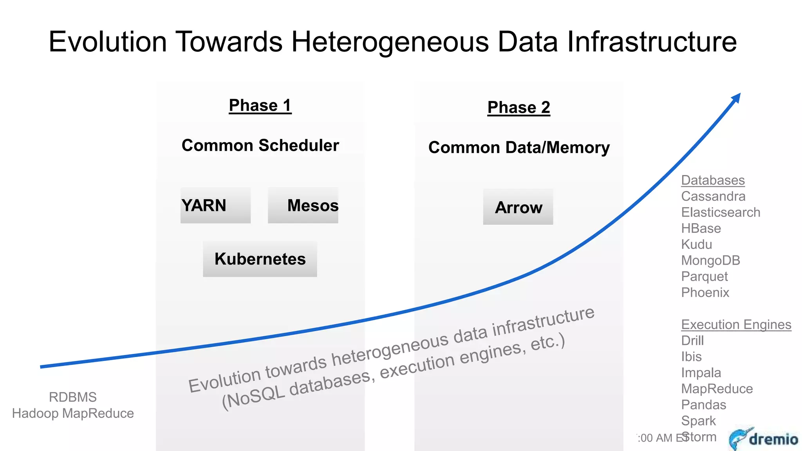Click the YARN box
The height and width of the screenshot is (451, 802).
tap(215, 206)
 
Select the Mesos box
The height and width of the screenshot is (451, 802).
tap(303, 206)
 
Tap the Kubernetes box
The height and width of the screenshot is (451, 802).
tap(260, 259)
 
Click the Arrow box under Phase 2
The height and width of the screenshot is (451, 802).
tap(518, 207)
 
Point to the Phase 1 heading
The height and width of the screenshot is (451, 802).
tap(260, 106)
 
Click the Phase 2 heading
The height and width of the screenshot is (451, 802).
tap(518, 108)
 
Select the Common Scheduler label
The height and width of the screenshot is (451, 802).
tap(260, 146)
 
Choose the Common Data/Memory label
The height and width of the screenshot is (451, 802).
tap(519, 148)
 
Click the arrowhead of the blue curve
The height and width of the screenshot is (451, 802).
tap(736, 97)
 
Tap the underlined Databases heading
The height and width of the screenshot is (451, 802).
tap(713, 180)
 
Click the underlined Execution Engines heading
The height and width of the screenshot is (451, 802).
tap(736, 325)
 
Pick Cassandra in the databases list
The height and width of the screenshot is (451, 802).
tap(713, 197)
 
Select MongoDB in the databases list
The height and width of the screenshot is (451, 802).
tap(710, 261)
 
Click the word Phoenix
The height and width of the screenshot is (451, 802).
tap(705, 293)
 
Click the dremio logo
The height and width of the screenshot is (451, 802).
tap(764, 438)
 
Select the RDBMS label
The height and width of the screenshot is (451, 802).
tap(73, 397)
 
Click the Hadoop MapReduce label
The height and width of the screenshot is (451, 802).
tap(73, 413)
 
